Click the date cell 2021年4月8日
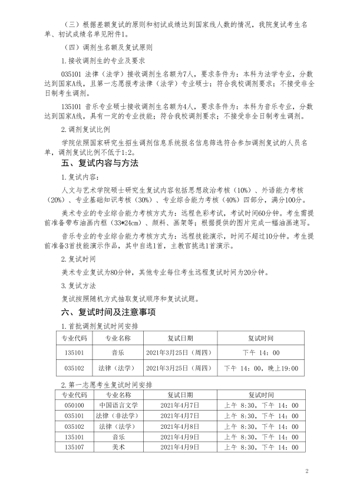[x=180, y=426]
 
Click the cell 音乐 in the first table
[x=118, y=352]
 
